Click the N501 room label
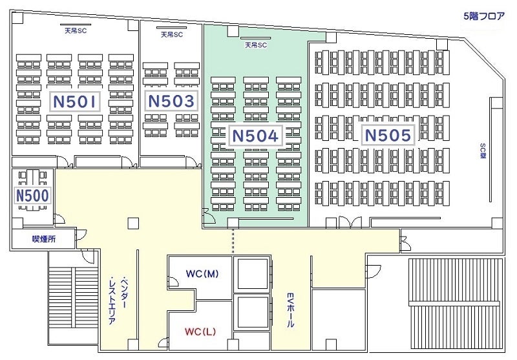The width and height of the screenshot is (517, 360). click(x=74, y=101)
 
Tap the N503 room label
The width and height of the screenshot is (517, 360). click(x=171, y=101)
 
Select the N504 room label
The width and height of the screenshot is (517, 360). click(x=255, y=136)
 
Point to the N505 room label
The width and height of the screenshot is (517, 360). click(x=388, y=135)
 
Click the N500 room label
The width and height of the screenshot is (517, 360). click(x=32, y=195)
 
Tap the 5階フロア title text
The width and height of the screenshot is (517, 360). click(x=484, y=16)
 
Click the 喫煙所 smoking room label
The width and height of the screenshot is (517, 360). click(x=44, y=239)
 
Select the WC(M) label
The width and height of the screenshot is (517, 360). click(x=202, y=273)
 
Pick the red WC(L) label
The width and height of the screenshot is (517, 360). click(x=200, y=332)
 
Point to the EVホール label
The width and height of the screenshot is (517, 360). click(x=290, y=310)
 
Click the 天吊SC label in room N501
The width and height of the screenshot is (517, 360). click(x=76, y=31)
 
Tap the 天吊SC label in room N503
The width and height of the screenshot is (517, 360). click(x=171, y=34)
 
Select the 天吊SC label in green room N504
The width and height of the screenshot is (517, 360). click(x=256, y=45)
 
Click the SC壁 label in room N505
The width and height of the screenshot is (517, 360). click(x=483, y=151)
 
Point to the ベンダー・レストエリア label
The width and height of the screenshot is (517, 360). click(x=118, y=300)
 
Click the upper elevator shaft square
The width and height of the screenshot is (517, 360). click(x=253, y=274)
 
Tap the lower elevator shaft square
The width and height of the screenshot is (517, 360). click(x=253, y=312)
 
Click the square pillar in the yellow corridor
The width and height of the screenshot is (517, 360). click(x=134, y=223)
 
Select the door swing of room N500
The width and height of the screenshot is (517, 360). click(x=59, y=219)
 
